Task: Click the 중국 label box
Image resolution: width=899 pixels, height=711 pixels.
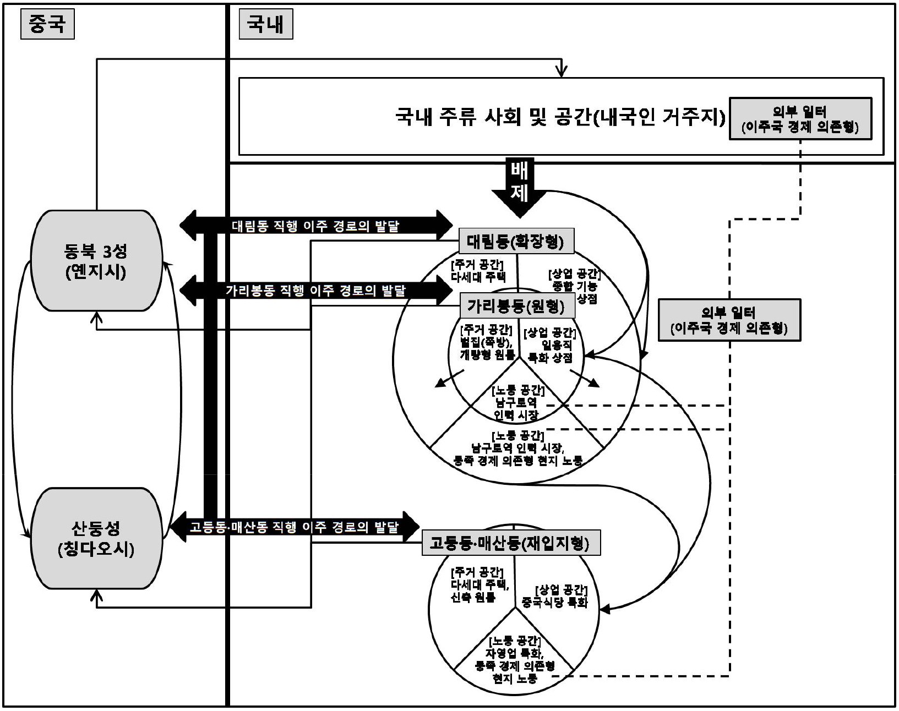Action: (47, 25)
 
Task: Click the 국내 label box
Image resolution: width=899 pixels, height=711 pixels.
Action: (265, 25)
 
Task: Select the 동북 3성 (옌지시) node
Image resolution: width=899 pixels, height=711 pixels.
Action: (96, 261)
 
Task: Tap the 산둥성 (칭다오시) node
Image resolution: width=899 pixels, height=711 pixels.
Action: (96, 538)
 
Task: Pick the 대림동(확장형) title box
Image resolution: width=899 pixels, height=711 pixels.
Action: (516, 241)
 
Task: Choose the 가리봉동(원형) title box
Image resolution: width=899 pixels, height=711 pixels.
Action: (516, 305)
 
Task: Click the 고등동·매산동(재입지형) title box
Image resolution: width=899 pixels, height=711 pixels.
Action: (510, 544)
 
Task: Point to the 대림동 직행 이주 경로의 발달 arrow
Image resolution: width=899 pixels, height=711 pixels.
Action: (315, 226)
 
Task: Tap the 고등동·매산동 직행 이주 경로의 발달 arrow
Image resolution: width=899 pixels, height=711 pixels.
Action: (294, 527)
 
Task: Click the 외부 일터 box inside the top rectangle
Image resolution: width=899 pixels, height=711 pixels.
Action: (800, 119)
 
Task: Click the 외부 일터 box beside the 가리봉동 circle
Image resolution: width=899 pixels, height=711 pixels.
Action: (729, 320)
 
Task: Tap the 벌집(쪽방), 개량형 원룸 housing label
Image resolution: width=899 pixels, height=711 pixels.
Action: (487, 342)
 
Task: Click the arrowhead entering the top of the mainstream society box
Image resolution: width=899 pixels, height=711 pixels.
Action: (561, 71)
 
